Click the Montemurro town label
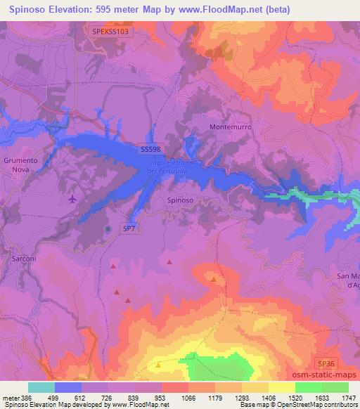click(231, 127)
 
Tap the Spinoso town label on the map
click(181, 200)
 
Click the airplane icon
click(72, 200)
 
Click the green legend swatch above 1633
click(308, 387)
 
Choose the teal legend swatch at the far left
click(41, 387)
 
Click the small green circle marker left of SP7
click(108, 229)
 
